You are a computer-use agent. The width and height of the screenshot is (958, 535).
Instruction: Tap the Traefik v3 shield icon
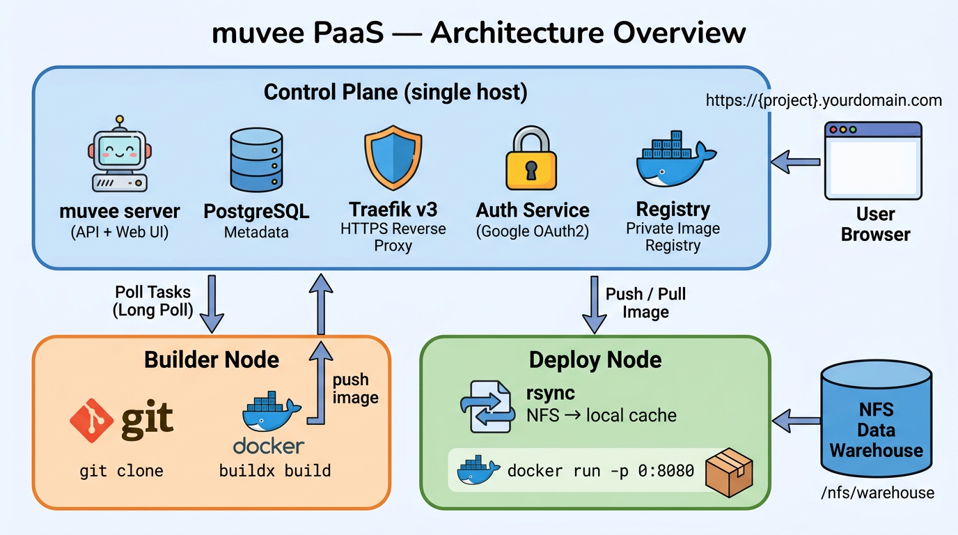pyautogui.click(x=393, y=159)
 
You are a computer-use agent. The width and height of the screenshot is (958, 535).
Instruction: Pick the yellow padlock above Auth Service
pyautogui.click(x=532, y=158)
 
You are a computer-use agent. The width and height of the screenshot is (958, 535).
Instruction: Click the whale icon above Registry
pyautogui.click(x=673, y=159)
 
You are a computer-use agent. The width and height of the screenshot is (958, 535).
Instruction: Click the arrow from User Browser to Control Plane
pyautogui.click(x=795, y=162)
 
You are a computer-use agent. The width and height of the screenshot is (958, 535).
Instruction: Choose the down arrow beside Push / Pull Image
pyautogui.click(x=595, y=304)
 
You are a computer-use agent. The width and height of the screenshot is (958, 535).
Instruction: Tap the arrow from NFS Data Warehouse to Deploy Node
pyautogui.click(x=796, y=420)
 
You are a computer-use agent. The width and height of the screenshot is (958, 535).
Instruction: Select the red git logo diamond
pyautogui.click(x=92, y=420)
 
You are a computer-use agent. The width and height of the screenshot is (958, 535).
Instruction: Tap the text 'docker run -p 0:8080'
pyautogui.click(x=600, y=471)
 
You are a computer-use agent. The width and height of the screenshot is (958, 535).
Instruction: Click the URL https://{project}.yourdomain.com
pyautogui.click(x=823, y=100)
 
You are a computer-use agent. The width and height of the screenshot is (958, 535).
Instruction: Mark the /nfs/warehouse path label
pyautogui.click(x=877, y=493)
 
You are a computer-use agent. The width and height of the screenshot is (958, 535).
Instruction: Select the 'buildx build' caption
pyautogui.click(x=274, y=471)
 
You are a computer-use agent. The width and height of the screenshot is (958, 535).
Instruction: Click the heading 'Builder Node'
pyautogui.click(x=211, y=359)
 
